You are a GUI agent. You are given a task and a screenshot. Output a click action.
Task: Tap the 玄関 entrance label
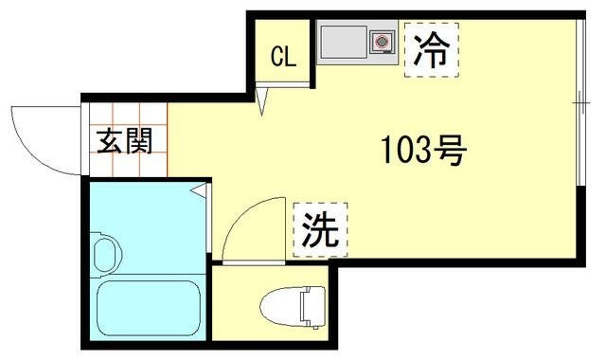tap(124, 142)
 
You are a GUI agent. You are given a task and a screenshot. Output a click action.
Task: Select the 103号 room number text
tap(423, 149)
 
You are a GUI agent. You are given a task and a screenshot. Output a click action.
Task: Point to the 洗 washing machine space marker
tap(320, 229)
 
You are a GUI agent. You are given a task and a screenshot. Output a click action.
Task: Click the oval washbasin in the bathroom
tap(106, 254)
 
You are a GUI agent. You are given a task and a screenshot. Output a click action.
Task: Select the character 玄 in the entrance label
tap(110, 142)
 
